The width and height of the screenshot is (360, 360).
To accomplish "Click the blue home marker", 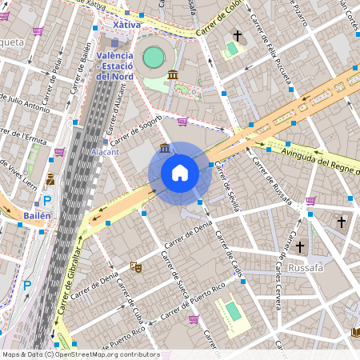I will click(x=180, y=173).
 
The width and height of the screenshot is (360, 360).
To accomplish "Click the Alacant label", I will click(x=106, y=151).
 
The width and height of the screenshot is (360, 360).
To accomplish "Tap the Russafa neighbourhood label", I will click(x=306, y=267).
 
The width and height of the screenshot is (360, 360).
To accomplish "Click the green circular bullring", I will click(x=153, y=57).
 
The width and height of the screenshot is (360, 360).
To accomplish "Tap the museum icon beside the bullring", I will click(x=174, y=75).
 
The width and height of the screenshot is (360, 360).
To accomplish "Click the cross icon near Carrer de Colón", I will click(x=237, y=36).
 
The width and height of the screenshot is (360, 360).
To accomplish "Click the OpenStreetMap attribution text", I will click(x=81, y=354).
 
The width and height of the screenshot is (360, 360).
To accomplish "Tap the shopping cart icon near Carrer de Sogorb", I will click(x=182, y=122).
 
